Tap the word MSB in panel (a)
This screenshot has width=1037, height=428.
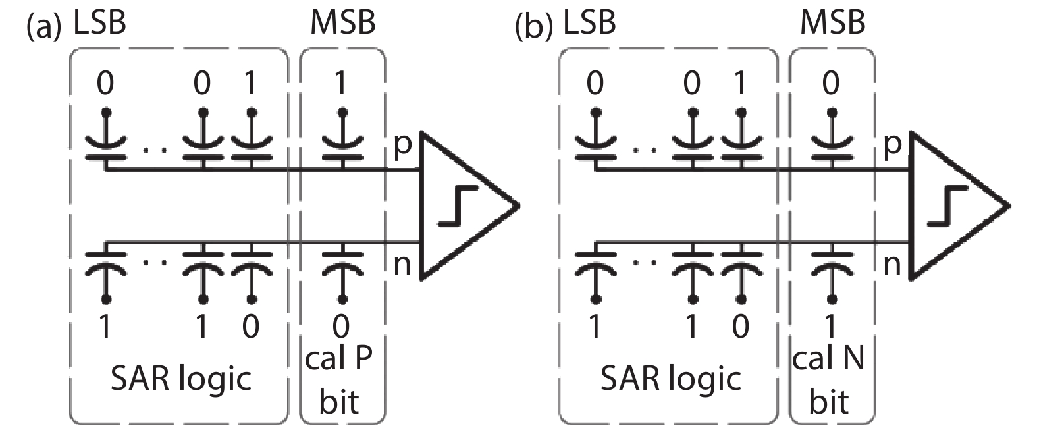pos(342,23)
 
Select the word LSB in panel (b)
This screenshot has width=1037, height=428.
pos(589,23)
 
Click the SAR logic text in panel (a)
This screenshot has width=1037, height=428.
pos(180,379)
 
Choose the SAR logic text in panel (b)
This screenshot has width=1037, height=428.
pos(670,379)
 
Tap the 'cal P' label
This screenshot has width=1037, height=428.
pos(338,359)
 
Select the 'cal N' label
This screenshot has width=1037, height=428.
pos(828,359)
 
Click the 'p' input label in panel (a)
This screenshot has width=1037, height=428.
pos(402,145)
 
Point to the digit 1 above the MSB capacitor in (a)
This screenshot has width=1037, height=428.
pos(340,84)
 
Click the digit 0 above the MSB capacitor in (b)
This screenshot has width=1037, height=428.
pos(831,84)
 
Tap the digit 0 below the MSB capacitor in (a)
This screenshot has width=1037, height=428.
pos(340,326)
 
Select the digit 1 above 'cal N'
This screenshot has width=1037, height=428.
pos(830,326)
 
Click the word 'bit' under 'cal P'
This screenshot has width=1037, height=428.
pos(338,402)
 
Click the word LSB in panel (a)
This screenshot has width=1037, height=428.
pos(99,23)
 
